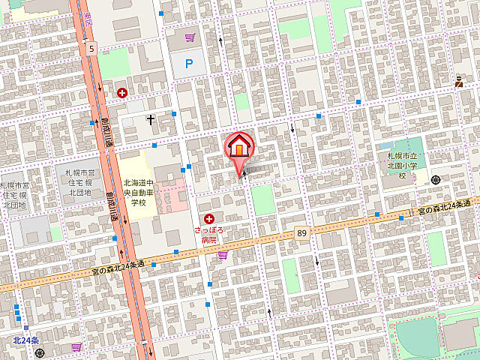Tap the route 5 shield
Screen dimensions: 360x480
click(x=91, y=49)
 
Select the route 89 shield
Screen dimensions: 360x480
click(x=301, y=233)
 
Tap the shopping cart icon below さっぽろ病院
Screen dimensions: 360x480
click(x=222, y=255)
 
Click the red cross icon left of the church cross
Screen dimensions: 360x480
click(x=121, y=93)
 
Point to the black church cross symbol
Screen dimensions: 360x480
click(x=151, y=119)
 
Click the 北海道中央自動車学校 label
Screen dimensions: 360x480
click(x=138, y=192)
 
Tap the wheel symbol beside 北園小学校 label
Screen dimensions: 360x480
click(x=436, y=178)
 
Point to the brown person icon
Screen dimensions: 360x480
click(x=459, y=81)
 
